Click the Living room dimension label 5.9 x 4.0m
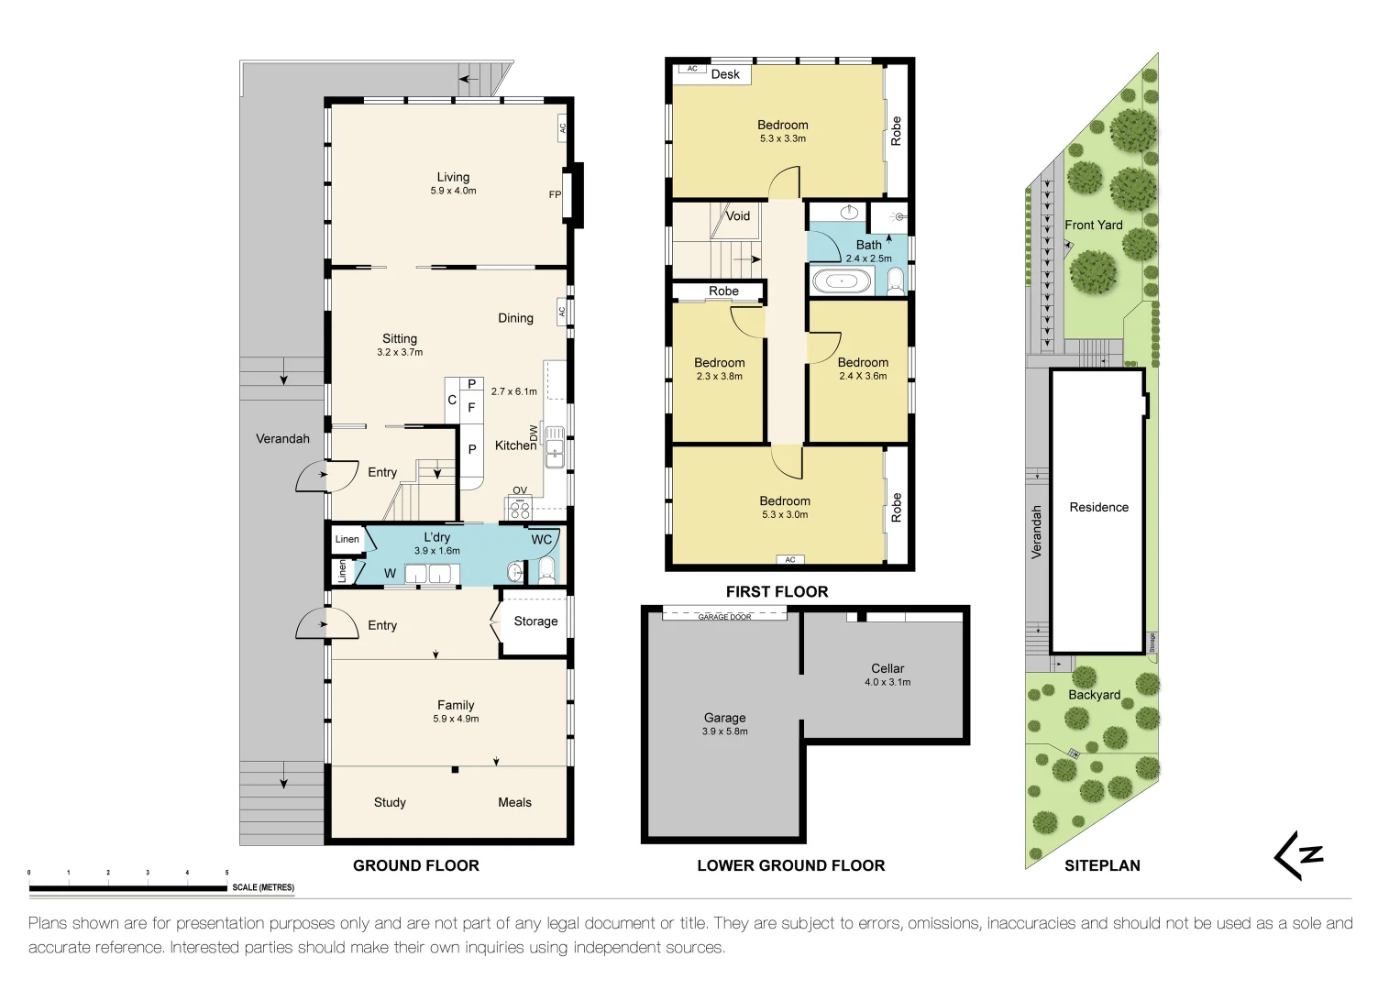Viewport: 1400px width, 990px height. click(x=453, y=191)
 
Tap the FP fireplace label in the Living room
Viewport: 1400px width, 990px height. click(x=555, y=194)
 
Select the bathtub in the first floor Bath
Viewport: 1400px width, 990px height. click(x=842, y=281)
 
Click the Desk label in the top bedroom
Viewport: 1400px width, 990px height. click(x=725, y=74)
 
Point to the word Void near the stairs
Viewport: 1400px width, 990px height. click(x=737, y=215)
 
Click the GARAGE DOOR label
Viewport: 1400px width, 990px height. click(x=724, y=617)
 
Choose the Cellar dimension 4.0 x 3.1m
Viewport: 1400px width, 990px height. click(x=887, y=682)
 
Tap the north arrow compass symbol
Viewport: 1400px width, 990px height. click(x=1299, y=855)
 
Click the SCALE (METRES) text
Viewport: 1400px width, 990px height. click(x=263, y=887)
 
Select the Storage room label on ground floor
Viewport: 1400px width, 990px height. click(x=535, y=621)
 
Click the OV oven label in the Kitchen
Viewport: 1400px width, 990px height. click(x=519, y=490)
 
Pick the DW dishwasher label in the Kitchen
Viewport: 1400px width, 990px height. click(x=533, y=433)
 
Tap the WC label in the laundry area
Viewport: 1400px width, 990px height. click(x=541, y=539)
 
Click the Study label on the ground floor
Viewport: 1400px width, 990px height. click(x=390, y=802)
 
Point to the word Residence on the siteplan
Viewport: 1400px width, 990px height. click(x=1098, y=508)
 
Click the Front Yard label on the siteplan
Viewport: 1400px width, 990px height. click(x=1094, y=225)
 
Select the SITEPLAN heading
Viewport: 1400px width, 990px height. click(x=1103, y=865)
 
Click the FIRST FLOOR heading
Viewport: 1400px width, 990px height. click(x=777, y=592)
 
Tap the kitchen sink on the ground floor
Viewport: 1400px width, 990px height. click(x=555, y=447)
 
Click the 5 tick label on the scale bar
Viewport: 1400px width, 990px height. click(x=226, y=873)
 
